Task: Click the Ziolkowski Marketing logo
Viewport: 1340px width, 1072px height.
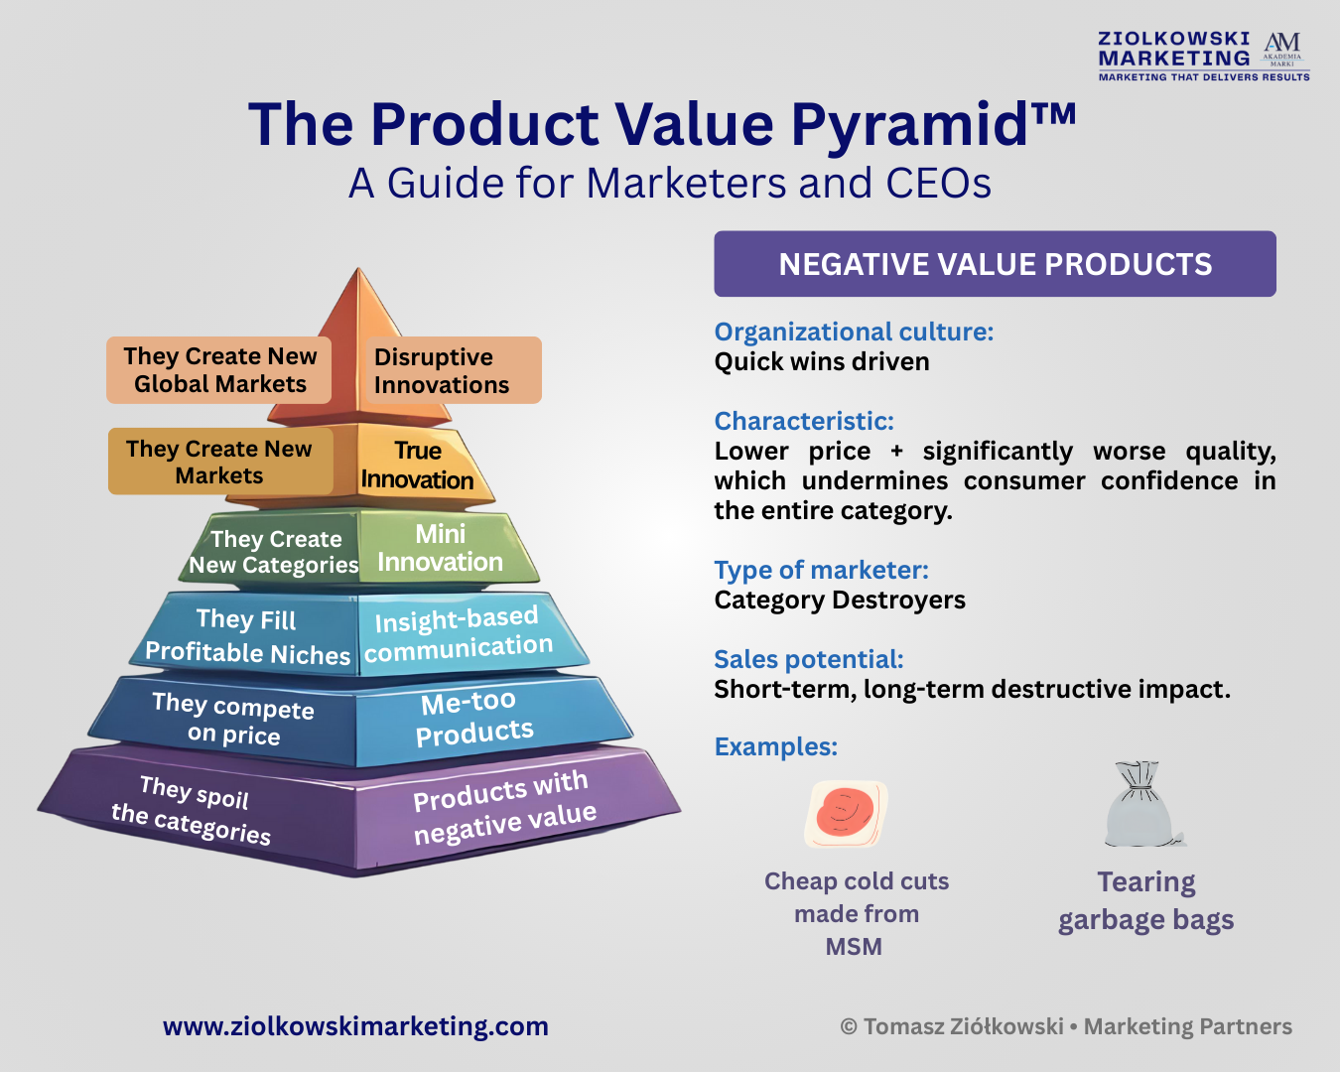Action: (1204, 56)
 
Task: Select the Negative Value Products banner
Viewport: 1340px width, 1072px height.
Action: (995, 263)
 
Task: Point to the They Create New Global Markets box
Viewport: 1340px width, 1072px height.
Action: (219, 370)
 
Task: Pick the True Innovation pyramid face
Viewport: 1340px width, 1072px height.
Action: (417, 465)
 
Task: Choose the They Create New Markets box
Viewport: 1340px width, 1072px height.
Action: (220, 462)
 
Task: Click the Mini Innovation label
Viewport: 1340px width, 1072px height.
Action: (441, 548)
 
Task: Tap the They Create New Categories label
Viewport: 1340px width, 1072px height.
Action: (274, 552)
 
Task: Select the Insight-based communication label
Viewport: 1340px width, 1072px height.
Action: (459, 633)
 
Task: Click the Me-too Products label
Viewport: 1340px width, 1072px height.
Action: (473, 719)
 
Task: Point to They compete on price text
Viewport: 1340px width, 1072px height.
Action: (234, 719)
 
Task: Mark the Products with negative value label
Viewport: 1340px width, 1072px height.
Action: (504, 808)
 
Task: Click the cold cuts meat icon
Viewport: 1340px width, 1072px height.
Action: (847, 814)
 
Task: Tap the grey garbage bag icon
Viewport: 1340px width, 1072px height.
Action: (1143, 804)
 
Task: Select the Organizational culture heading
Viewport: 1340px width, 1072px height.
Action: (854, 332)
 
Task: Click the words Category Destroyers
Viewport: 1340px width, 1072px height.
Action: (840, 600)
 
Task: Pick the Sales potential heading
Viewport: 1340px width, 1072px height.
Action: (809, 659)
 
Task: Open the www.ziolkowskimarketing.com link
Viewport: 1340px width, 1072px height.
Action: (355, 1026)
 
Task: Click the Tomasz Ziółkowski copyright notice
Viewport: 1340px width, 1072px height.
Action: (1066, 1026)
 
